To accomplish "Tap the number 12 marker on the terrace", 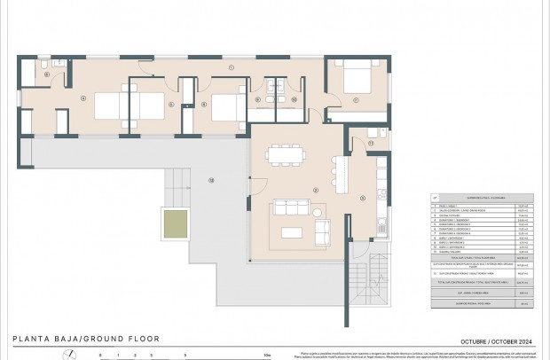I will click(211, 181).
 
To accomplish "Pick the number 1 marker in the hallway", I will click(230, 67).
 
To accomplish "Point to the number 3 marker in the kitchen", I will click(362, 198).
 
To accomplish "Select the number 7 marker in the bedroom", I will click(356, 100).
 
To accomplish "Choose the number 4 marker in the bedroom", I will click(82, 98).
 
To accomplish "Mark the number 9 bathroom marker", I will click(258, 99).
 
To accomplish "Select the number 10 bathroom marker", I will click(294, 99).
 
